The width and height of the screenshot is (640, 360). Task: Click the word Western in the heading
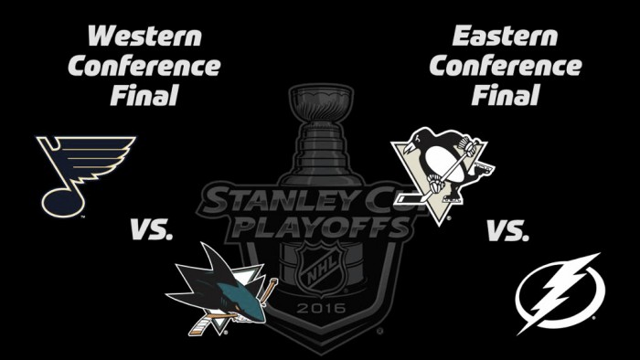(144, 36)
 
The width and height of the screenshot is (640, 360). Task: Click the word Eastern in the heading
(505, 36)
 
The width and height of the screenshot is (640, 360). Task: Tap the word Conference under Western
(144, 66)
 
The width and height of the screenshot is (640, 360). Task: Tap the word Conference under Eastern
(506, 66)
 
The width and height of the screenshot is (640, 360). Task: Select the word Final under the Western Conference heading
(144, 95)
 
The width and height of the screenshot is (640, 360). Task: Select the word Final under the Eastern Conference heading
(506, 95)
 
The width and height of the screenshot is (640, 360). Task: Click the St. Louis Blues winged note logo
(86, 176)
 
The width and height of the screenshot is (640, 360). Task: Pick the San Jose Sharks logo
(221, 289)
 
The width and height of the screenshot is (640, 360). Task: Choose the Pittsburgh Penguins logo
(443, 176)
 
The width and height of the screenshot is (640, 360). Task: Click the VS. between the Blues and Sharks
(152, 229)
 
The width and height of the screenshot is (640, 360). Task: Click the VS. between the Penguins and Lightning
(507, 230)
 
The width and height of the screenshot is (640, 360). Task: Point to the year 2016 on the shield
(321, 308)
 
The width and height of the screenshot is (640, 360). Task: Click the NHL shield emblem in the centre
(321, 270)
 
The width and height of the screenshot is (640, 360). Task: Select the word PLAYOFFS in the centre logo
(323, 228)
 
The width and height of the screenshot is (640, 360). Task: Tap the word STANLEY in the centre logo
(261, 201)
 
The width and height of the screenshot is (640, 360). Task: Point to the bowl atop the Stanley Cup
(321, 102)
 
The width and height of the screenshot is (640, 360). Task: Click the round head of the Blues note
(63, 203)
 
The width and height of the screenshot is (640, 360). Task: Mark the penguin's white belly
(443, 163)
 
